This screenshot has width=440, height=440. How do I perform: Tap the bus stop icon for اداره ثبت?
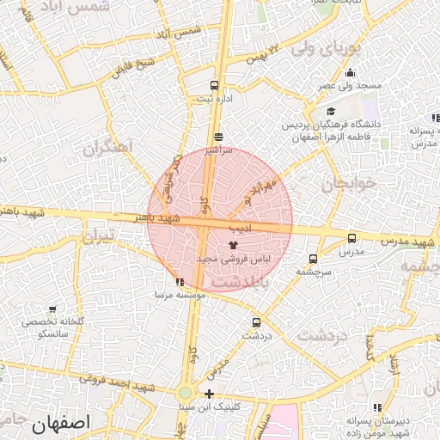click(214, 86)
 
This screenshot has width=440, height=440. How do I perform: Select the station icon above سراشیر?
click(218, 137)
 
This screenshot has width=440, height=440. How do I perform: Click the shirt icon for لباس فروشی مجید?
click(234, 245)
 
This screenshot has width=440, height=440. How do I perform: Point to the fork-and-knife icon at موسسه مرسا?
click(179, 282)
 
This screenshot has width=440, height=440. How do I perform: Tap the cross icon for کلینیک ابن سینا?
click(209, 394)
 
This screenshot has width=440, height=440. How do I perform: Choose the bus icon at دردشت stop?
click(256, 323)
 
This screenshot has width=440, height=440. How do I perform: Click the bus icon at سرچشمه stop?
click(313, 258)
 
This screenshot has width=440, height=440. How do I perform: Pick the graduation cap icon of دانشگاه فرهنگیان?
click(332, 112)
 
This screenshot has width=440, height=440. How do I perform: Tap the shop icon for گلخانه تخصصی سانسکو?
click(53, 309)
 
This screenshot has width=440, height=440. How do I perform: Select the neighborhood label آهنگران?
click(109, 147)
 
